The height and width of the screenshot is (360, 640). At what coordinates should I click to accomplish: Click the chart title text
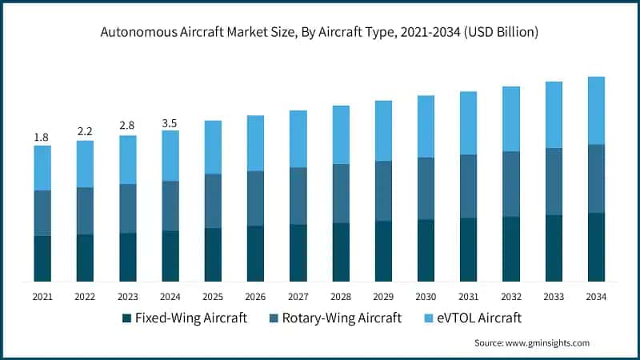coord(319,33)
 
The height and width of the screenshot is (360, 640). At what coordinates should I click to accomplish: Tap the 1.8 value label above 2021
coord(42,138)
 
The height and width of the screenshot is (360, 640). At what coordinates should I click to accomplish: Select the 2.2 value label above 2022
coord(85,131)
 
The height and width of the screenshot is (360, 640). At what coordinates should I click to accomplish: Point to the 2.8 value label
coord(127,126)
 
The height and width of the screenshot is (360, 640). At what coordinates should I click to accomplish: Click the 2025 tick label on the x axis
coord(213,296)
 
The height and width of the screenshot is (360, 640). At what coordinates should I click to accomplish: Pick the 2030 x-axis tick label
coord(426,296)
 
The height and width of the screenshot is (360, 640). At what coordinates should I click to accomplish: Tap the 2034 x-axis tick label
coord(596,296)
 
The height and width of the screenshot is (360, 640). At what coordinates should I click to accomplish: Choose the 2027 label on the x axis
coord(298,296)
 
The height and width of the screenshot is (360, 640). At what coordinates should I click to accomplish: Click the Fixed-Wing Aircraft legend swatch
coord(126,318)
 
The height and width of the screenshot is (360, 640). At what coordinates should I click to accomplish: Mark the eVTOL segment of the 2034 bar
coord(596,110)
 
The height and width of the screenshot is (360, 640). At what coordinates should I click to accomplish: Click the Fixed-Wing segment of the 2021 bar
coord(42,258)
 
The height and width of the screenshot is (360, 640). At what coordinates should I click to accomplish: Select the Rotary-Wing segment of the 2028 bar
coord(341,194)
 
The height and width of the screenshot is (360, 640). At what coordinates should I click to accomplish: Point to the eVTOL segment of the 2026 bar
coord(255,143)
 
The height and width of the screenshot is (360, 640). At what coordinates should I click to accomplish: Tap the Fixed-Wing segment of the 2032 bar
coord(511,249)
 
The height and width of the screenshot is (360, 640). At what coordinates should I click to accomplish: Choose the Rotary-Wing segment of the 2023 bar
coord(127,209)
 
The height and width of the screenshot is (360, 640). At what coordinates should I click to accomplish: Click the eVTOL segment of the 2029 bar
coord(383,130)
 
